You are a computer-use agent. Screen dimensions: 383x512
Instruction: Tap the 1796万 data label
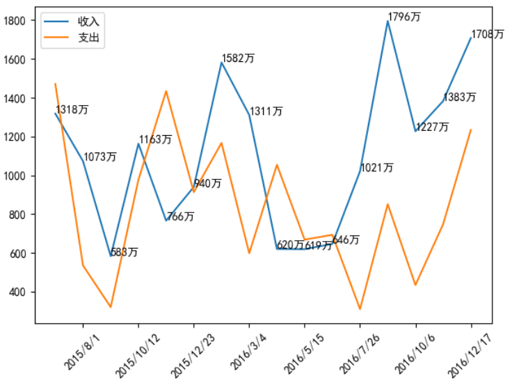(x=404, y=17)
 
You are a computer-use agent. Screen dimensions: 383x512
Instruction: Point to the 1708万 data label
(x=488, y=35)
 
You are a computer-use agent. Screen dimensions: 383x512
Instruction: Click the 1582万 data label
(x=238, y=58)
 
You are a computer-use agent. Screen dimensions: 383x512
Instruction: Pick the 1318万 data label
(x=72, y=110)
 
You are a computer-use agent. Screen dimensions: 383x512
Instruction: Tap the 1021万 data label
(x=377, y=168)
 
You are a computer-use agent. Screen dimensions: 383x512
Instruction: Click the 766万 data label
(x=181, y=217)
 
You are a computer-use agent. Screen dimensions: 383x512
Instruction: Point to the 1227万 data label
(x=432, y=127)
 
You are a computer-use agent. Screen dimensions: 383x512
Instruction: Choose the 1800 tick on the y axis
(x=15, y=21)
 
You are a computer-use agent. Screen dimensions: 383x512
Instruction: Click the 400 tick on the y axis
(x=17, y=292)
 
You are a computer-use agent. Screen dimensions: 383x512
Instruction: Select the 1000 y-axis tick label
(x=15, y=175)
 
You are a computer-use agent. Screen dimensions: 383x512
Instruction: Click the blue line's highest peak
(x=387, y=21)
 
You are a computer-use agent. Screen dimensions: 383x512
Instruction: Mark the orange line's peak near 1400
(x=166, y=91)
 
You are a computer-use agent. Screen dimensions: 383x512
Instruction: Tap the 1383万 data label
(x=460, y=97)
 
